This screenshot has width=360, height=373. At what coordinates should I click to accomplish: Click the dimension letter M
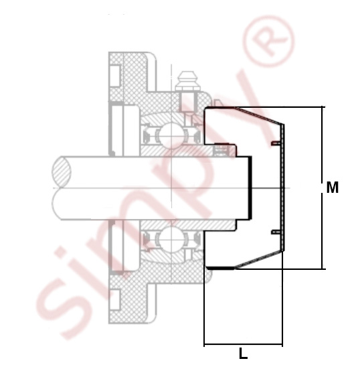tap(332, 188)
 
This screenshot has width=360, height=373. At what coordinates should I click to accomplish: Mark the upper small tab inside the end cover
tap(276, 143)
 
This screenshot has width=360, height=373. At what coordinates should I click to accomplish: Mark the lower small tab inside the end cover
tap(276, 232)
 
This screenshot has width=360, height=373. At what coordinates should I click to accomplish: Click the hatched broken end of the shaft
tap(62, 171)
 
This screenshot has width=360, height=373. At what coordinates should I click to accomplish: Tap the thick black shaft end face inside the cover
tap(249, 188)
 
